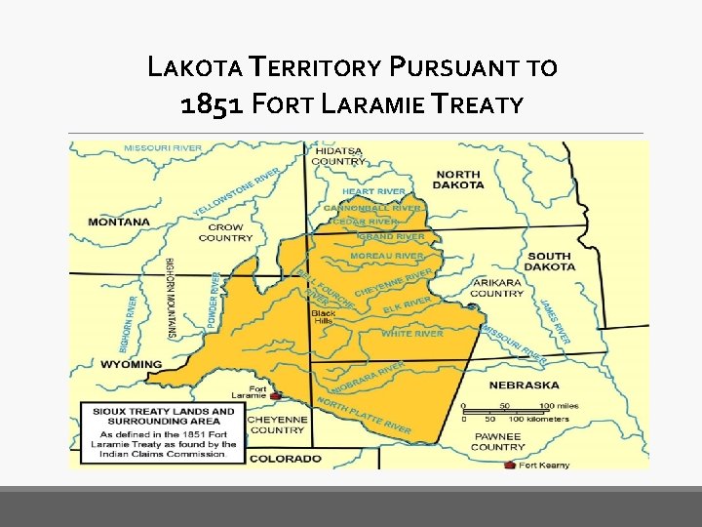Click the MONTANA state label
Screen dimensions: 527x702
click(120, 222)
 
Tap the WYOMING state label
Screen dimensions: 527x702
click(131, 364)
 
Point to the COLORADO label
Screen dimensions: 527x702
click(285, 458)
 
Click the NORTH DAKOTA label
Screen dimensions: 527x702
click(457, 179)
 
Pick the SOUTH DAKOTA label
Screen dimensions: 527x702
click(551, 262)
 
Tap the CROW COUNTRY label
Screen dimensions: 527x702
click(225, 231)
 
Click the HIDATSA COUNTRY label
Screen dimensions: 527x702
click(338, 156)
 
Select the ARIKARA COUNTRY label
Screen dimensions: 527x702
click(497, 287)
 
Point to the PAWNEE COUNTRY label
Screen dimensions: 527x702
click(498, 441)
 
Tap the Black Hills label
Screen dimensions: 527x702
click(324, 318)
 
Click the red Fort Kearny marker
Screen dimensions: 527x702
click(509, 465)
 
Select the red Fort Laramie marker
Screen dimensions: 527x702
click(275, 396)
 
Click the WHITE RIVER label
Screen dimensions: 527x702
click(411, 334)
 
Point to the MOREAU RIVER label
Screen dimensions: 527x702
click(387, 256)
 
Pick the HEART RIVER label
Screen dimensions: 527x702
click(373, 191)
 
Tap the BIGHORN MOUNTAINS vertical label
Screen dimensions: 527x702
click(171, 298)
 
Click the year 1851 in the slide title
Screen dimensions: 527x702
click(212, 103)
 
